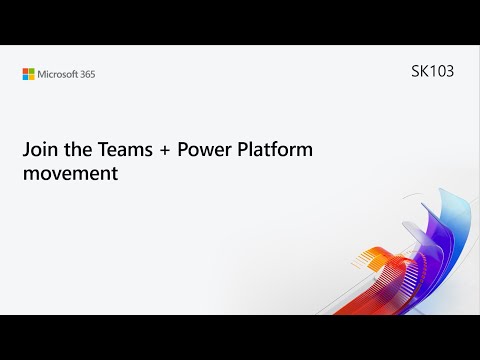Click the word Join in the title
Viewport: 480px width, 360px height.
coord(39,150)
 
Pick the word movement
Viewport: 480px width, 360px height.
coord(70,172)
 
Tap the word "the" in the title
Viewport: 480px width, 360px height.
coord(77,150)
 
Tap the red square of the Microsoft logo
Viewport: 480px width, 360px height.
coord(26,71)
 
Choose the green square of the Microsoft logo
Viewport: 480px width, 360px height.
coord(32,71)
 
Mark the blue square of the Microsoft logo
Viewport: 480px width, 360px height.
coord(26,77)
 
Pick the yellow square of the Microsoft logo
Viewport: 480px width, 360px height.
coord(32,77)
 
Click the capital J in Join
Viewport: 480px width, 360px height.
coord(27,150)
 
